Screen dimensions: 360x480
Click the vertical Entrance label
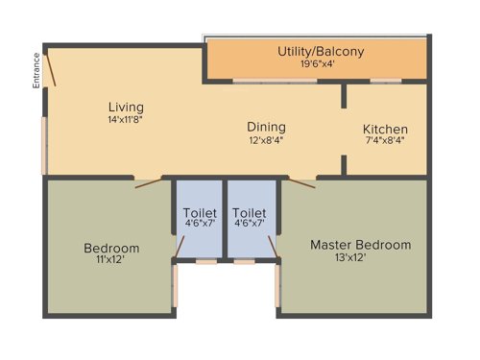(x=36, y=70)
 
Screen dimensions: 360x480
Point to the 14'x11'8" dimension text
(x=126, y=120)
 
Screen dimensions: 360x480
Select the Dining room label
(x=266, y=127)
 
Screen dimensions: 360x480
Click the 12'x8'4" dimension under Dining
(x=266, y=140)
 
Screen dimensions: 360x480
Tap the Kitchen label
(x=385, y=130)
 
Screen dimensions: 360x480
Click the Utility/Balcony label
(x=321, y=52)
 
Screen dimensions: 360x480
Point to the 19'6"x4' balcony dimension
(x=321, y=65)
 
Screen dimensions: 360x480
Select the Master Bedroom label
(x=360, y=245)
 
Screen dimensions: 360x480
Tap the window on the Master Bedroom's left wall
(x=278, y=286)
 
